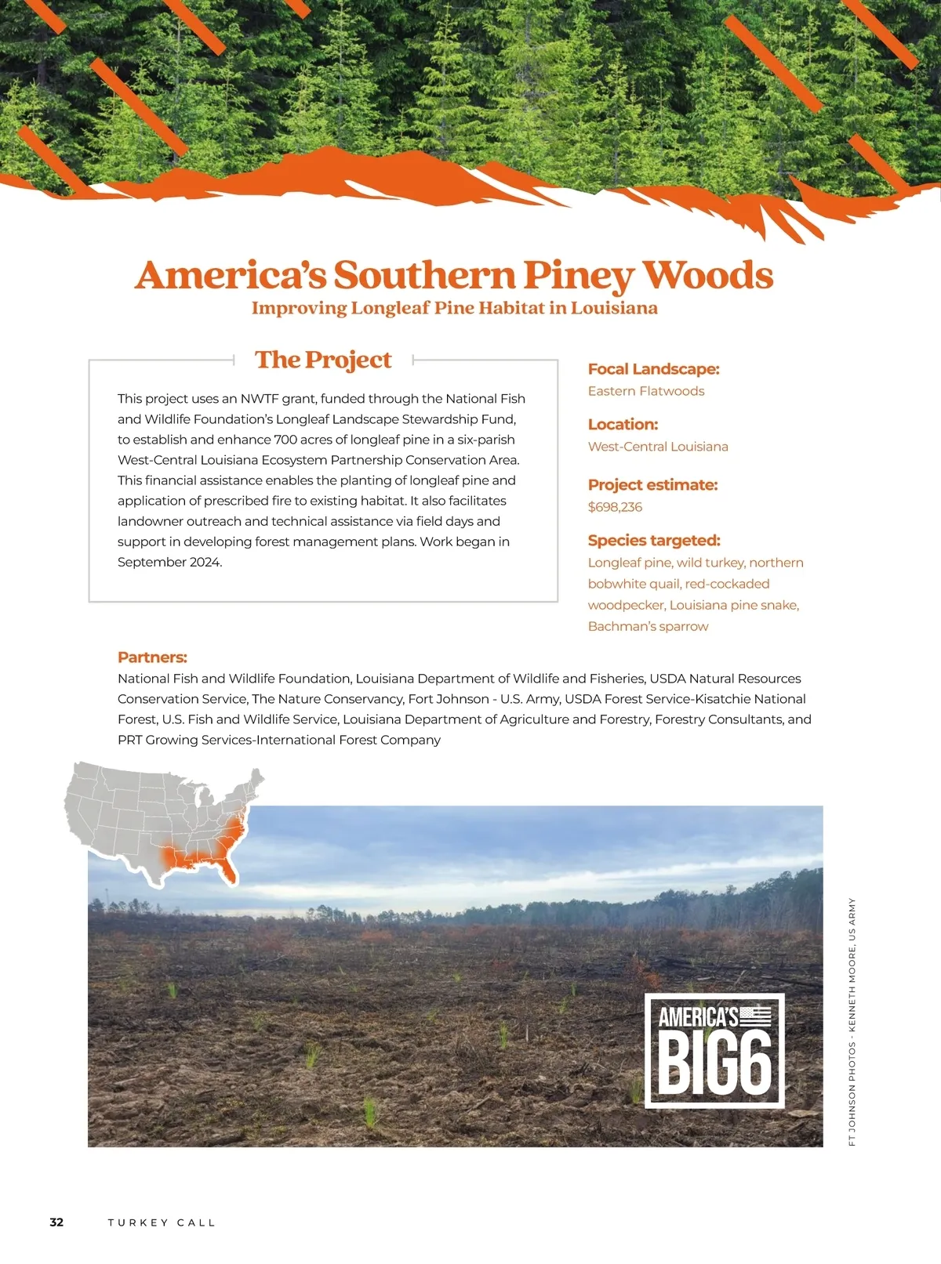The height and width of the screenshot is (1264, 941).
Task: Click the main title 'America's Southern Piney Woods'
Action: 454,275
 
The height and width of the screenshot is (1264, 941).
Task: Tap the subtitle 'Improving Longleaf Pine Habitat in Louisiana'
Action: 454,308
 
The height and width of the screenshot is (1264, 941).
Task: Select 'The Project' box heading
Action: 323,360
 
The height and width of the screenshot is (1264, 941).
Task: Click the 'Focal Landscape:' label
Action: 653,369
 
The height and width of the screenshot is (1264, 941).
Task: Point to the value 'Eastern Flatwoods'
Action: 646,391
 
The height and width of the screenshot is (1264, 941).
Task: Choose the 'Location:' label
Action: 623,425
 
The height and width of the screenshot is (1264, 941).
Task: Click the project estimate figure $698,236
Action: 615,507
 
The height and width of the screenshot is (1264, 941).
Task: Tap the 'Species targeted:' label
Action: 654,541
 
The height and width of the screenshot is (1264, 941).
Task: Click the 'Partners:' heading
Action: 152,657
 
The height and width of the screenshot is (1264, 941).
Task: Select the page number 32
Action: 56,1222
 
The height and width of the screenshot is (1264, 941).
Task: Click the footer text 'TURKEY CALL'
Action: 162,1222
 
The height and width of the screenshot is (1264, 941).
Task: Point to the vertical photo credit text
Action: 852,1022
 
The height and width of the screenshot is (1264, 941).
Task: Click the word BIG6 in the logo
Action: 714,1063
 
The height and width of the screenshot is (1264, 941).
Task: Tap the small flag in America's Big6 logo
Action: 756,1016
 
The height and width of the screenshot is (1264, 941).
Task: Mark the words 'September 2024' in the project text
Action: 169,562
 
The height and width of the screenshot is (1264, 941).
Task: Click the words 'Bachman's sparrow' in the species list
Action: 648,626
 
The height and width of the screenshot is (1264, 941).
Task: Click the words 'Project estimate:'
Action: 652,485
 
